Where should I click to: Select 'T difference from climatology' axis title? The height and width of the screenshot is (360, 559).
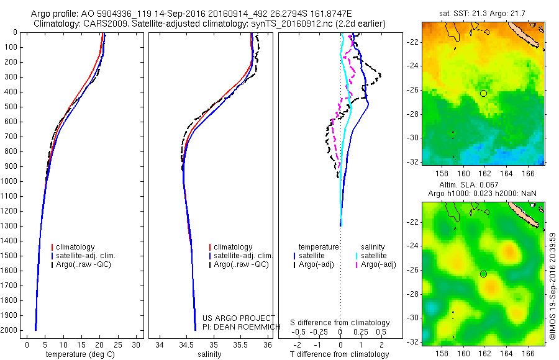(340, 354)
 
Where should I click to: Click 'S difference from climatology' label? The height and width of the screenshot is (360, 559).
(340, 323)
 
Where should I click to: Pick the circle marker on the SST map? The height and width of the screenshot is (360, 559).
(483, 93)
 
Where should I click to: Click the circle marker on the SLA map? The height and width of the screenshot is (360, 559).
(483, 274)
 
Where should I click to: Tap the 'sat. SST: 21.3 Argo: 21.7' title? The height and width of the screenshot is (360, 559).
(483, 12)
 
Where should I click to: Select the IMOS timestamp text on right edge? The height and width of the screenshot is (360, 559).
(553, 286)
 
